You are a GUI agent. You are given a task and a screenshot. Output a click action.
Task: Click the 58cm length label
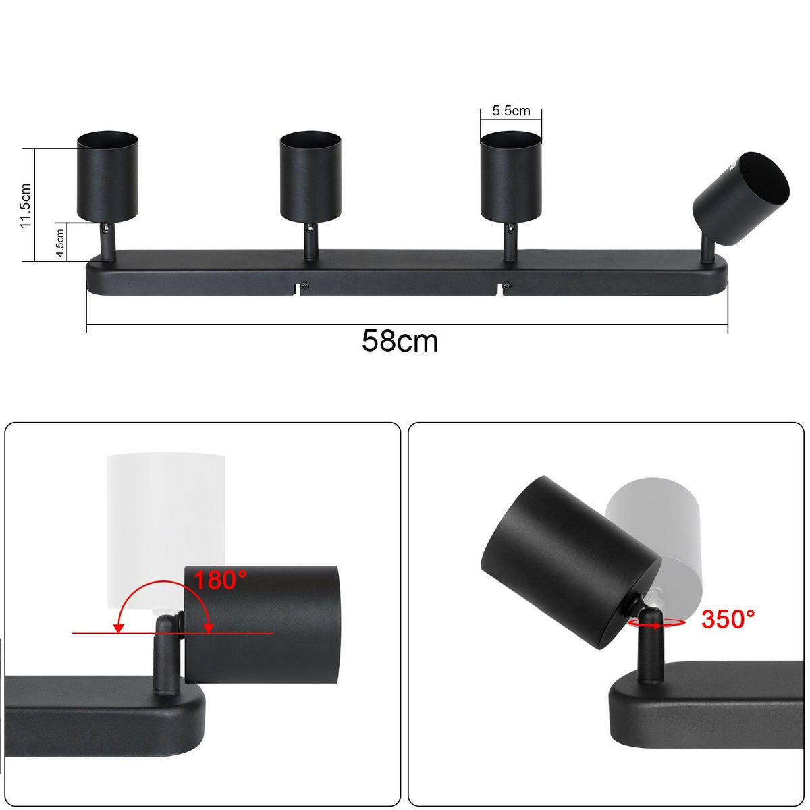(400, 342)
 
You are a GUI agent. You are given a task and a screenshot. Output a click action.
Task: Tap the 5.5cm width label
(511, 111)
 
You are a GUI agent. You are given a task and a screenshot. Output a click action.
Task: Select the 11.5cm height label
(26, 205)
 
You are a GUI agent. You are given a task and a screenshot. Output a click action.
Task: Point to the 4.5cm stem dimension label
(60, 242)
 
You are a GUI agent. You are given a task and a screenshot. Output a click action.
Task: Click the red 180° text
(221, 580)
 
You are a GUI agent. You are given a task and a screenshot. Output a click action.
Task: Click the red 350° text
(728, 618)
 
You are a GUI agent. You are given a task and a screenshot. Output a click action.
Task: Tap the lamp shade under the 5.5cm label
(511, 177)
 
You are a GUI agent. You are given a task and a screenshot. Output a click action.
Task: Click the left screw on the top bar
(305, 286)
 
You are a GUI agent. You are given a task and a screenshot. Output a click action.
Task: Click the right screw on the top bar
(508, 286)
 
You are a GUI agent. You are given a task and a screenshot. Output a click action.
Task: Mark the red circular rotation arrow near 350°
(653, 624)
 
